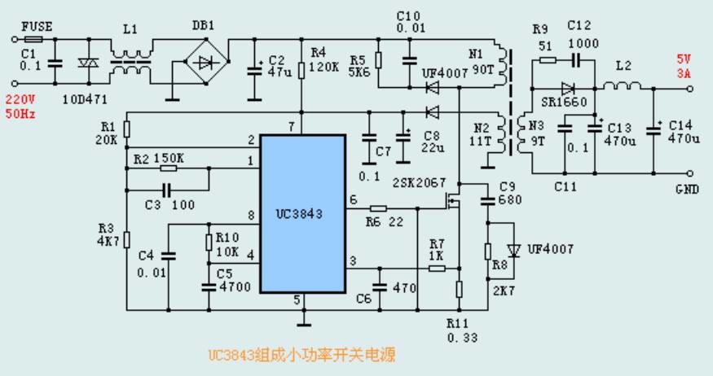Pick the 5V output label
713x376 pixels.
683,59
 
